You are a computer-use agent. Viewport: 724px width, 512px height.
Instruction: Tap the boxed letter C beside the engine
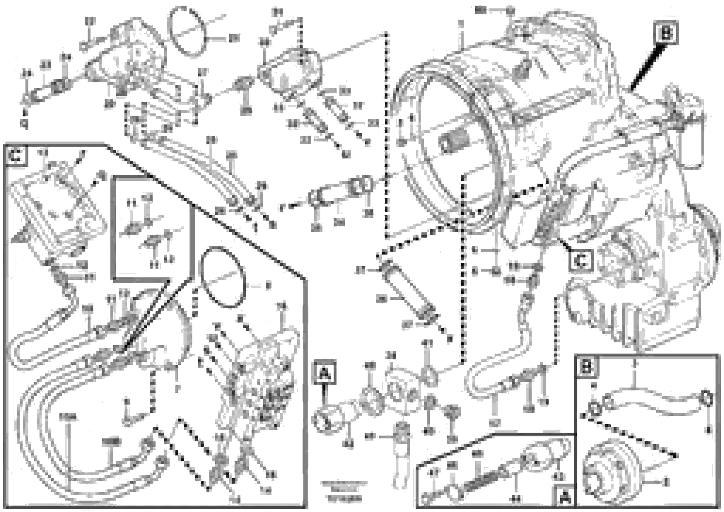click(580, 260)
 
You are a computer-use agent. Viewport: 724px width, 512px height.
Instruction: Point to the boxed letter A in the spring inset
click(564, 498)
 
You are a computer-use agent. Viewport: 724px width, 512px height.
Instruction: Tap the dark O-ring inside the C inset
click(222, 277)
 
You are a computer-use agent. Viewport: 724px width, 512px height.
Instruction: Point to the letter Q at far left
click(24, 124)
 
